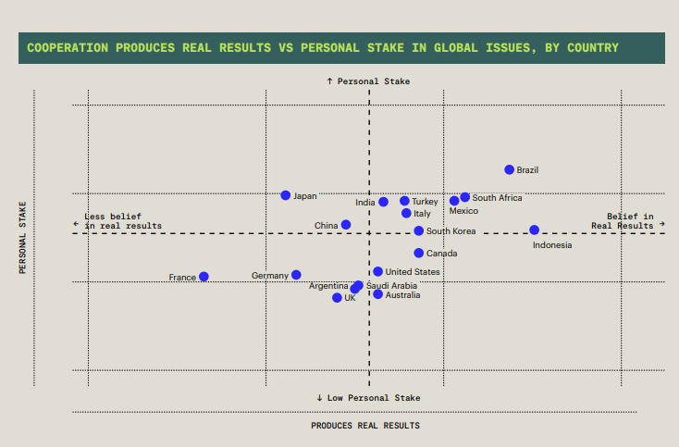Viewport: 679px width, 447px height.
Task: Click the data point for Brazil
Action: (509, 169)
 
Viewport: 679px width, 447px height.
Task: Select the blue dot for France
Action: (204, 277)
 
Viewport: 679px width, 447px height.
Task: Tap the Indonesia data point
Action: (534, 230)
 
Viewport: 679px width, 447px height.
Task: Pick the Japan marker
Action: (286, 195)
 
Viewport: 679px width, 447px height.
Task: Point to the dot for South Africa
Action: (464, 197)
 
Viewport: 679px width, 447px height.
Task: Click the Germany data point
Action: (296, 275)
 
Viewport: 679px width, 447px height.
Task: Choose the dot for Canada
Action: (418, 253)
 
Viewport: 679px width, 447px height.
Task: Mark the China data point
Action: (346, 225)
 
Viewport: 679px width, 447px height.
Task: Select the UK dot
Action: (337, 297)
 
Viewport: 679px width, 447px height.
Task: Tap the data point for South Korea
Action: (418, 230)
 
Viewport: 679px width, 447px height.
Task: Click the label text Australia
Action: (402, 295)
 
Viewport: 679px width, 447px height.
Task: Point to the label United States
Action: (413, 272)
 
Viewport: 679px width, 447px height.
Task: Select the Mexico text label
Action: (463, 211)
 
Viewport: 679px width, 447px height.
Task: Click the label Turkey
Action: (425, 202)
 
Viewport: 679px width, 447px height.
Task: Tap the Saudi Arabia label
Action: (391, 286)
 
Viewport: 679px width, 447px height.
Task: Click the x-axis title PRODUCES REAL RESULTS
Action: (364, 426)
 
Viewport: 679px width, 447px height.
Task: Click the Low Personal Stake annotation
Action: (367, 397)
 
